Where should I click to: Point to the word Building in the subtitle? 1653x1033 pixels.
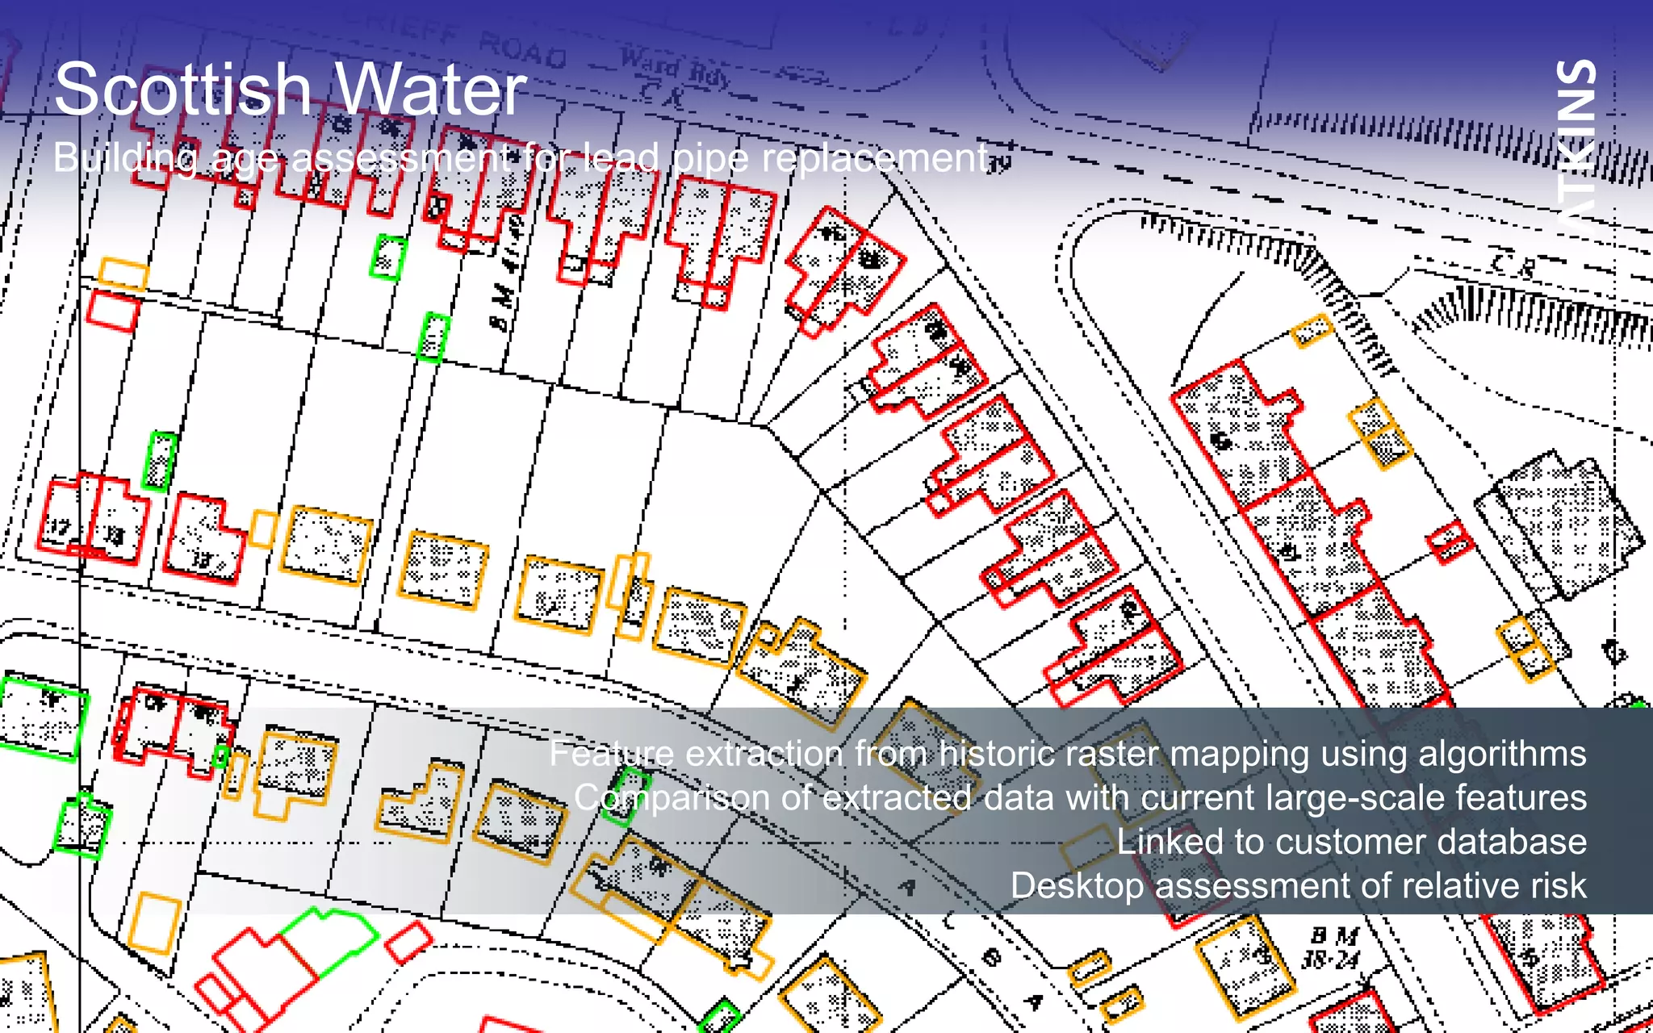coord(124,158)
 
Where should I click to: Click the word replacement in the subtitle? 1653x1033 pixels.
coord(875,158)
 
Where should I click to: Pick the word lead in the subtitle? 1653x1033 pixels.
coord(621,158)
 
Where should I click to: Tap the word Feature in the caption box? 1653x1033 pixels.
coord(611,754)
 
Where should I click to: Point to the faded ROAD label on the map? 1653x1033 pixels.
coord(523,51)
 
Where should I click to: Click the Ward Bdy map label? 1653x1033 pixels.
coord(675,67)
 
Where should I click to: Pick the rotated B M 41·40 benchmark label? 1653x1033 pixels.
coord(506,274)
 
